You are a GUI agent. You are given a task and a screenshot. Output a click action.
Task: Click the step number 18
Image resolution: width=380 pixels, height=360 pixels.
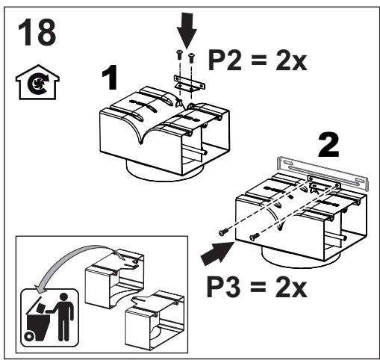37,32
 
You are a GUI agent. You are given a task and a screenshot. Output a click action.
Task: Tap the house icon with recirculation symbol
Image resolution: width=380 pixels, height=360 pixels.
37,82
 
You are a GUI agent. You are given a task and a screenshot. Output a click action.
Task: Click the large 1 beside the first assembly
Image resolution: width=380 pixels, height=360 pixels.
110,78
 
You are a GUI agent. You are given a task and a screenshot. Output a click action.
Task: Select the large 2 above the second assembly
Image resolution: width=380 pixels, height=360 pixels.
328,145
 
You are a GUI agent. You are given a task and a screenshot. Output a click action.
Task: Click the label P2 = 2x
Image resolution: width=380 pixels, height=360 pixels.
258,60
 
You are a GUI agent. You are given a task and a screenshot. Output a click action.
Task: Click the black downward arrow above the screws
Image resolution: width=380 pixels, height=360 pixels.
187,30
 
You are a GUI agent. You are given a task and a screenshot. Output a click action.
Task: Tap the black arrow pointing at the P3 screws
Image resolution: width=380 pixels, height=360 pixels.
217,253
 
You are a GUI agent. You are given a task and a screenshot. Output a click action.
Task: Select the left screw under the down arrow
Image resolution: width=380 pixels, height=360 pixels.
179,55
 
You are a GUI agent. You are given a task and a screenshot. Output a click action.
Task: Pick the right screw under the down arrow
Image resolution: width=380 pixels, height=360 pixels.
191,58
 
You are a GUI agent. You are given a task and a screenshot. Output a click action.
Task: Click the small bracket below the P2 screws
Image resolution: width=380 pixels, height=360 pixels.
190,84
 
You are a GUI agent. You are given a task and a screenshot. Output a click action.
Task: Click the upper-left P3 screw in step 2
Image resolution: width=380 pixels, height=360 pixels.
223,232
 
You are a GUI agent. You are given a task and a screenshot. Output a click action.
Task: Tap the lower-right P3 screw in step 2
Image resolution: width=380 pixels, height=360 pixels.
255,237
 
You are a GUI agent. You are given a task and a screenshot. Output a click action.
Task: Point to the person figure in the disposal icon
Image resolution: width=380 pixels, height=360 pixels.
62,317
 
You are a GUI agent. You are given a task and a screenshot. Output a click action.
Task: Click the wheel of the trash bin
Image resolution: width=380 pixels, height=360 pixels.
29,337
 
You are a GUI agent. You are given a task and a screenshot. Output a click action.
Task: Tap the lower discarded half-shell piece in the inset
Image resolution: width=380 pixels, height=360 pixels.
155,321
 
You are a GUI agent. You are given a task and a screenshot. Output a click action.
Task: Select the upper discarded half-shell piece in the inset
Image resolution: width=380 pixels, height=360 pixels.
114,282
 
